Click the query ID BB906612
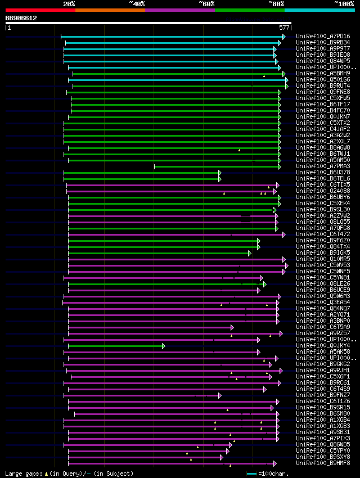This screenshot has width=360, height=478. tap(21, 18)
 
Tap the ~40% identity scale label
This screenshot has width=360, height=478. tap(137, 4)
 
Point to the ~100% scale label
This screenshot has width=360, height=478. tap(344, 4)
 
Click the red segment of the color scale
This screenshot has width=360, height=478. tap(40, 10)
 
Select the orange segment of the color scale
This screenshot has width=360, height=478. tap(110, 10)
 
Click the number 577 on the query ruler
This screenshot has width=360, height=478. tap(284, 27)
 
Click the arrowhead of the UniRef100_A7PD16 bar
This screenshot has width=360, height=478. tap(283, 37)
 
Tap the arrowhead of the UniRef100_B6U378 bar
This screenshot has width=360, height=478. tap(220, 173)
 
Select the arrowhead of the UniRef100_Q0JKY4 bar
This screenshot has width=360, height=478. tap(164, 346)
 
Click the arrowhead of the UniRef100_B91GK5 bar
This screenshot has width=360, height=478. tap(250, 253)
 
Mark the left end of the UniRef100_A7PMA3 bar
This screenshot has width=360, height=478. tap(155, 166)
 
